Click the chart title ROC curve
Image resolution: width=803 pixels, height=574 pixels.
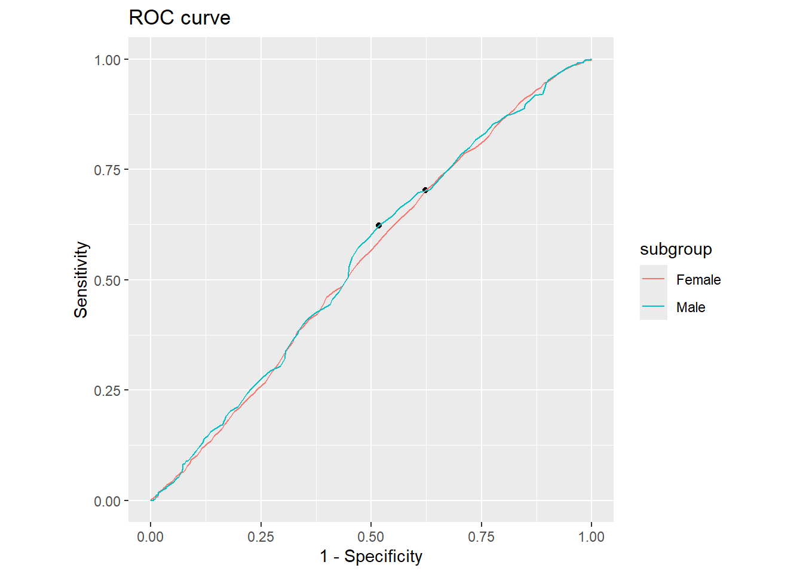[179, 18]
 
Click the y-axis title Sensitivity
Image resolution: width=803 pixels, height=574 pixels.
[81, 280]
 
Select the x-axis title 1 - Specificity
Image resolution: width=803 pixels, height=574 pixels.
[371, 557]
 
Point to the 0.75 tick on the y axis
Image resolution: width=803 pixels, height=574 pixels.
[107, 170]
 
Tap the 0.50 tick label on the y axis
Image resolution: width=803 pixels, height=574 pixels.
[107, 280]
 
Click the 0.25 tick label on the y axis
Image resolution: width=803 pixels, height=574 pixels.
[107, 391]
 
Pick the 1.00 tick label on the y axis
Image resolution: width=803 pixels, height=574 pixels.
[107, 60]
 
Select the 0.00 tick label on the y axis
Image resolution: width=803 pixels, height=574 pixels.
[107, 501]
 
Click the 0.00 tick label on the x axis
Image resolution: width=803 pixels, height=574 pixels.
[150, 537]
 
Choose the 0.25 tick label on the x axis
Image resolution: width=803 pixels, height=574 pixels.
[260, 537]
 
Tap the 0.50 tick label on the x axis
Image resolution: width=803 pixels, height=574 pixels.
[371, 537]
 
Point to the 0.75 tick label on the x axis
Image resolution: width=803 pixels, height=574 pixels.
[481, 537]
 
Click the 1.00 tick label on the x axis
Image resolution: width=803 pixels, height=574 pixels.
[591, 537]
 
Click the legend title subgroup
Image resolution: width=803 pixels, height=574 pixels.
[676, 249]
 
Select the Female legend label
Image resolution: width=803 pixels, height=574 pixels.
[698, 280]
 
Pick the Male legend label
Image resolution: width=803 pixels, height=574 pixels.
[691, 307]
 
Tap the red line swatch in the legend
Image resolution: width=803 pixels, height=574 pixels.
[653, 279]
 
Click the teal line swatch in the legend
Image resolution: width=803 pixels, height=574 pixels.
[653, 306]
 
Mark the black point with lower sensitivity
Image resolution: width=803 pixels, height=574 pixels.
[378, 225]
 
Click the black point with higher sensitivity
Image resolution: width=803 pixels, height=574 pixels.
[425, 190]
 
